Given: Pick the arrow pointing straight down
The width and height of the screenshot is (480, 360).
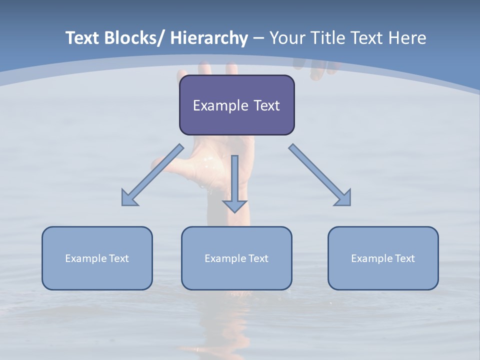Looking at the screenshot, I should (x=234, y=185).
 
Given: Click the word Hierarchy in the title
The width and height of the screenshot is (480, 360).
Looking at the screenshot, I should (x=209, y=38).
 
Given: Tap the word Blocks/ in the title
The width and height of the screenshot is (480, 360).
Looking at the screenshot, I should (x=134, y=38).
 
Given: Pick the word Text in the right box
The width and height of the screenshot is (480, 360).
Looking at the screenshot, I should (x=404, y=258).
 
